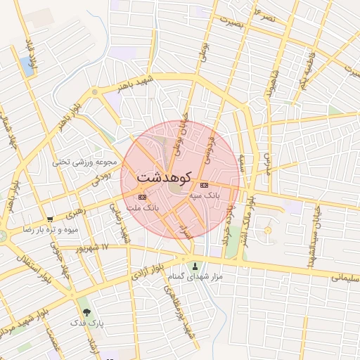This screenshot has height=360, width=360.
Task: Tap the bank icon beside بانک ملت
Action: tap(143, 197)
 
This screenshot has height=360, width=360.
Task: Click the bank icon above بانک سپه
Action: tap(205, 185)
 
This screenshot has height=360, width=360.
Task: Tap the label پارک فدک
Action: tap(87, 323)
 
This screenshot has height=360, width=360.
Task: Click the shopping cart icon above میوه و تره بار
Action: tap(50, 219)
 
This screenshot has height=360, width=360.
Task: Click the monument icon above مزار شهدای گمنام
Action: tap(195, 266)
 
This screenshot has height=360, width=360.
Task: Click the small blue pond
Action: tap(27, 66)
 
